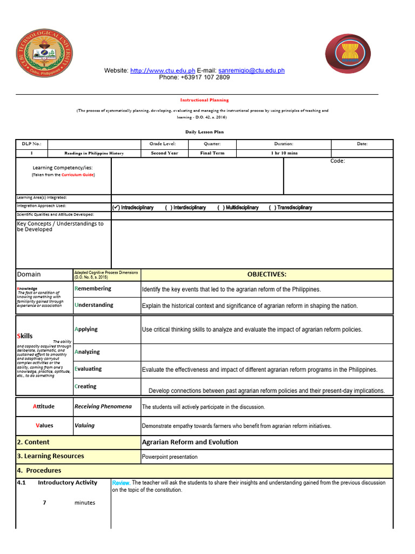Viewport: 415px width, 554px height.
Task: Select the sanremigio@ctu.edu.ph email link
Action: (x=251, y=70)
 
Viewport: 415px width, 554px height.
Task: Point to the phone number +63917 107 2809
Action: (x=194, y=77)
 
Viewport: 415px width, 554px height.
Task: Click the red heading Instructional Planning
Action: (x=204, y=100)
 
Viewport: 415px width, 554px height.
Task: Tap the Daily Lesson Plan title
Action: (x=204, y=131)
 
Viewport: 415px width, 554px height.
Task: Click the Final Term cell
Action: (x=212, y=153)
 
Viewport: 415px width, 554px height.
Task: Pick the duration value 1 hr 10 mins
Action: (x=284, y=153)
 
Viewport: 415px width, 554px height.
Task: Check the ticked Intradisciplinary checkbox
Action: (x=116, y=208)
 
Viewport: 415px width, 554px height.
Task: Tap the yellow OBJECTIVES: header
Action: (x=267, y=274)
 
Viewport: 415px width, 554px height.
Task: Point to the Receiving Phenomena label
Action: (x=103, y=406)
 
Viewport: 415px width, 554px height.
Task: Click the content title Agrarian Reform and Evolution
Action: (x=190, y=442)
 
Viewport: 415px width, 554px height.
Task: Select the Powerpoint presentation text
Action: (x=170, y=457)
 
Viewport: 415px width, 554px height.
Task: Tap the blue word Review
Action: (x=121, y=483)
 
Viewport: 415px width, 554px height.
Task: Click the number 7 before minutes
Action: (x=44, y=503)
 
